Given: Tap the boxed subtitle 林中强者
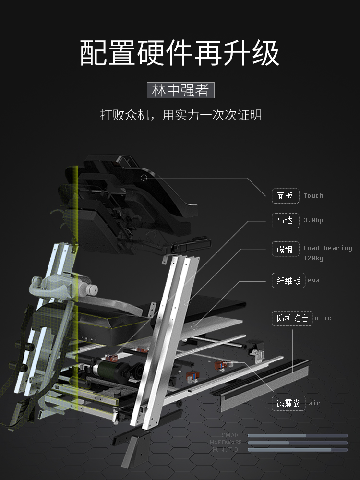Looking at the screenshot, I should (180, 90).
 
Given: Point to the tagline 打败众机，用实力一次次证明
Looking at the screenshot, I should (180, 115).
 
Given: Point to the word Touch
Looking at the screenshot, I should (313, 196).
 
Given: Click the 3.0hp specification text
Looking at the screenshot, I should (313, 220).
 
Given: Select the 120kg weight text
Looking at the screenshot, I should (313, 258).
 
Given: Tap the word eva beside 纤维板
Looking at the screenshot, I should (313, 280).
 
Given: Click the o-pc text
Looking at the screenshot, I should (323, 318).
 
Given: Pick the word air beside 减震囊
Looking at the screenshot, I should (314, 403).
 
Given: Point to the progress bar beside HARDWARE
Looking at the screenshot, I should (297, 443).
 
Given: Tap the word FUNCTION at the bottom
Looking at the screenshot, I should (228, 450).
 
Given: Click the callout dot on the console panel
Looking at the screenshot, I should (143, 178).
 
